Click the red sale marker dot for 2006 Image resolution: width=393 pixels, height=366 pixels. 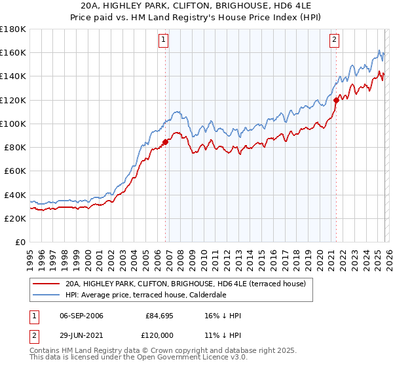pyautogui.click(x=165, y=141)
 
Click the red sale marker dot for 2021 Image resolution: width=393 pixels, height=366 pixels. pyautogui.click(x=336, y=100)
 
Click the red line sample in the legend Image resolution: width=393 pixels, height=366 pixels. pyautogui.click(x=47, y=284)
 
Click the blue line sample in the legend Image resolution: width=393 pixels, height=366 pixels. pyautogui.click(x=47, y=295)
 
